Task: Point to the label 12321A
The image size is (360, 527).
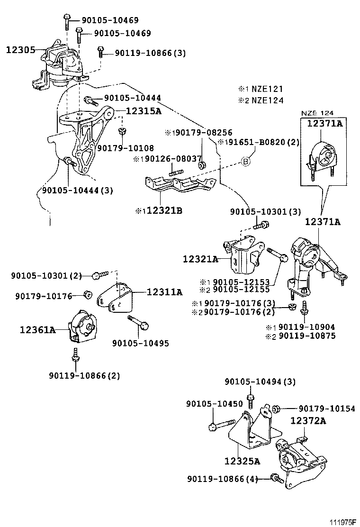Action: (200, 259)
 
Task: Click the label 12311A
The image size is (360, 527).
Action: (164, 292)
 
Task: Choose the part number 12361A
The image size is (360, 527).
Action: (37, 329)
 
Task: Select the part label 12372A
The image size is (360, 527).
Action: (308, 420)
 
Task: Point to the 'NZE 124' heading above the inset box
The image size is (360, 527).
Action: (317, 113)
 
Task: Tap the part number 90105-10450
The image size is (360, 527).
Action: (215, 404)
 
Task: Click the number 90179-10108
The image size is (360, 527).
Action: (125, 148)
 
